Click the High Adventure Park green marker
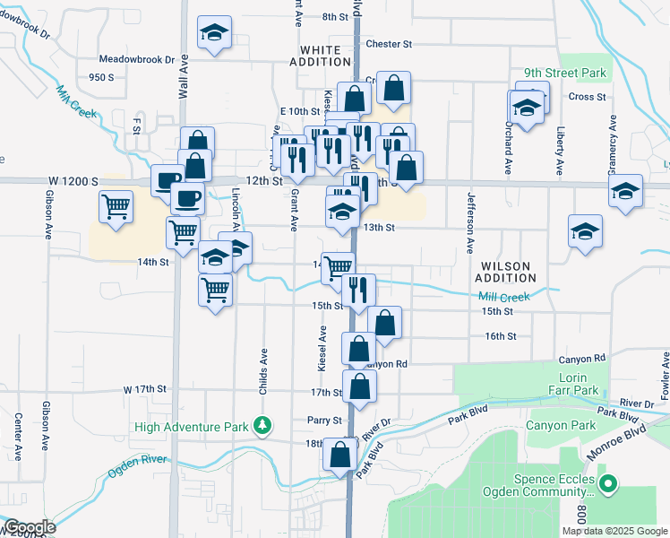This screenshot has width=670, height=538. [x=262, y=424]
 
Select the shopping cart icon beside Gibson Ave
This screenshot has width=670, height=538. [x=116, y=207]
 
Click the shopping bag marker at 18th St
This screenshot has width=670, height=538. [x=340, y=455]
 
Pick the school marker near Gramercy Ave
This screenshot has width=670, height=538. [x=625, y=191]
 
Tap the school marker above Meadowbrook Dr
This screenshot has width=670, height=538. [x=214, y=34]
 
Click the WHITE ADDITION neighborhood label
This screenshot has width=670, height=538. [x=320, y=56]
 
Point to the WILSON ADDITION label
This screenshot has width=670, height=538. [x=518, y=273]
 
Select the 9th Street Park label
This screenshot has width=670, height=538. [x=565, y=74]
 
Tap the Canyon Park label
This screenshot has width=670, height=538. [x=561, y=425]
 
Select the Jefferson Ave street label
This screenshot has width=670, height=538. [x=469, y=223]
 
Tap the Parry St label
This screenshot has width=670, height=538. [x=325, y=420]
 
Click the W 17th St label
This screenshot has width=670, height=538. [x=145, y=389]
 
